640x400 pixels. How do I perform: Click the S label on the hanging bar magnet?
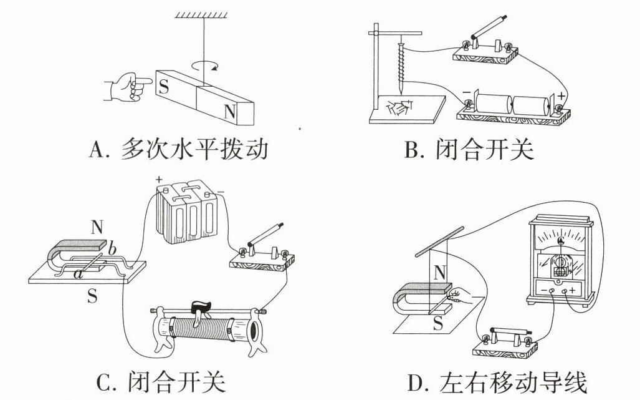pyautogui.click(x=164, y=86)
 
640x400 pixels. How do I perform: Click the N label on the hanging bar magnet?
pyautogui.click(x=230, y=110)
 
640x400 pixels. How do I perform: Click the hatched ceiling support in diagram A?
pyautogui.click(x=201, y=15)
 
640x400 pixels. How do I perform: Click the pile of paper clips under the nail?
pyautogui.click(x=401, y=107)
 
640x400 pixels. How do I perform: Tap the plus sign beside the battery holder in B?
pyautogui.click(x=562, y=97)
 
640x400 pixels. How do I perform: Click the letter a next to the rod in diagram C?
pyautogui.click(x=78, y=274)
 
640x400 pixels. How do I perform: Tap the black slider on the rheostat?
pyautogui.click(x=201, y=306)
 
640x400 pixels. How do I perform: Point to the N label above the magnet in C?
pyautogui.click(x=97, y=227)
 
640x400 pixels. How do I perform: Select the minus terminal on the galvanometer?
pyautogui.click(x=552, y=291)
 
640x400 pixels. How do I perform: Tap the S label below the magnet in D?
pyautogui.click(x=438, y=323)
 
